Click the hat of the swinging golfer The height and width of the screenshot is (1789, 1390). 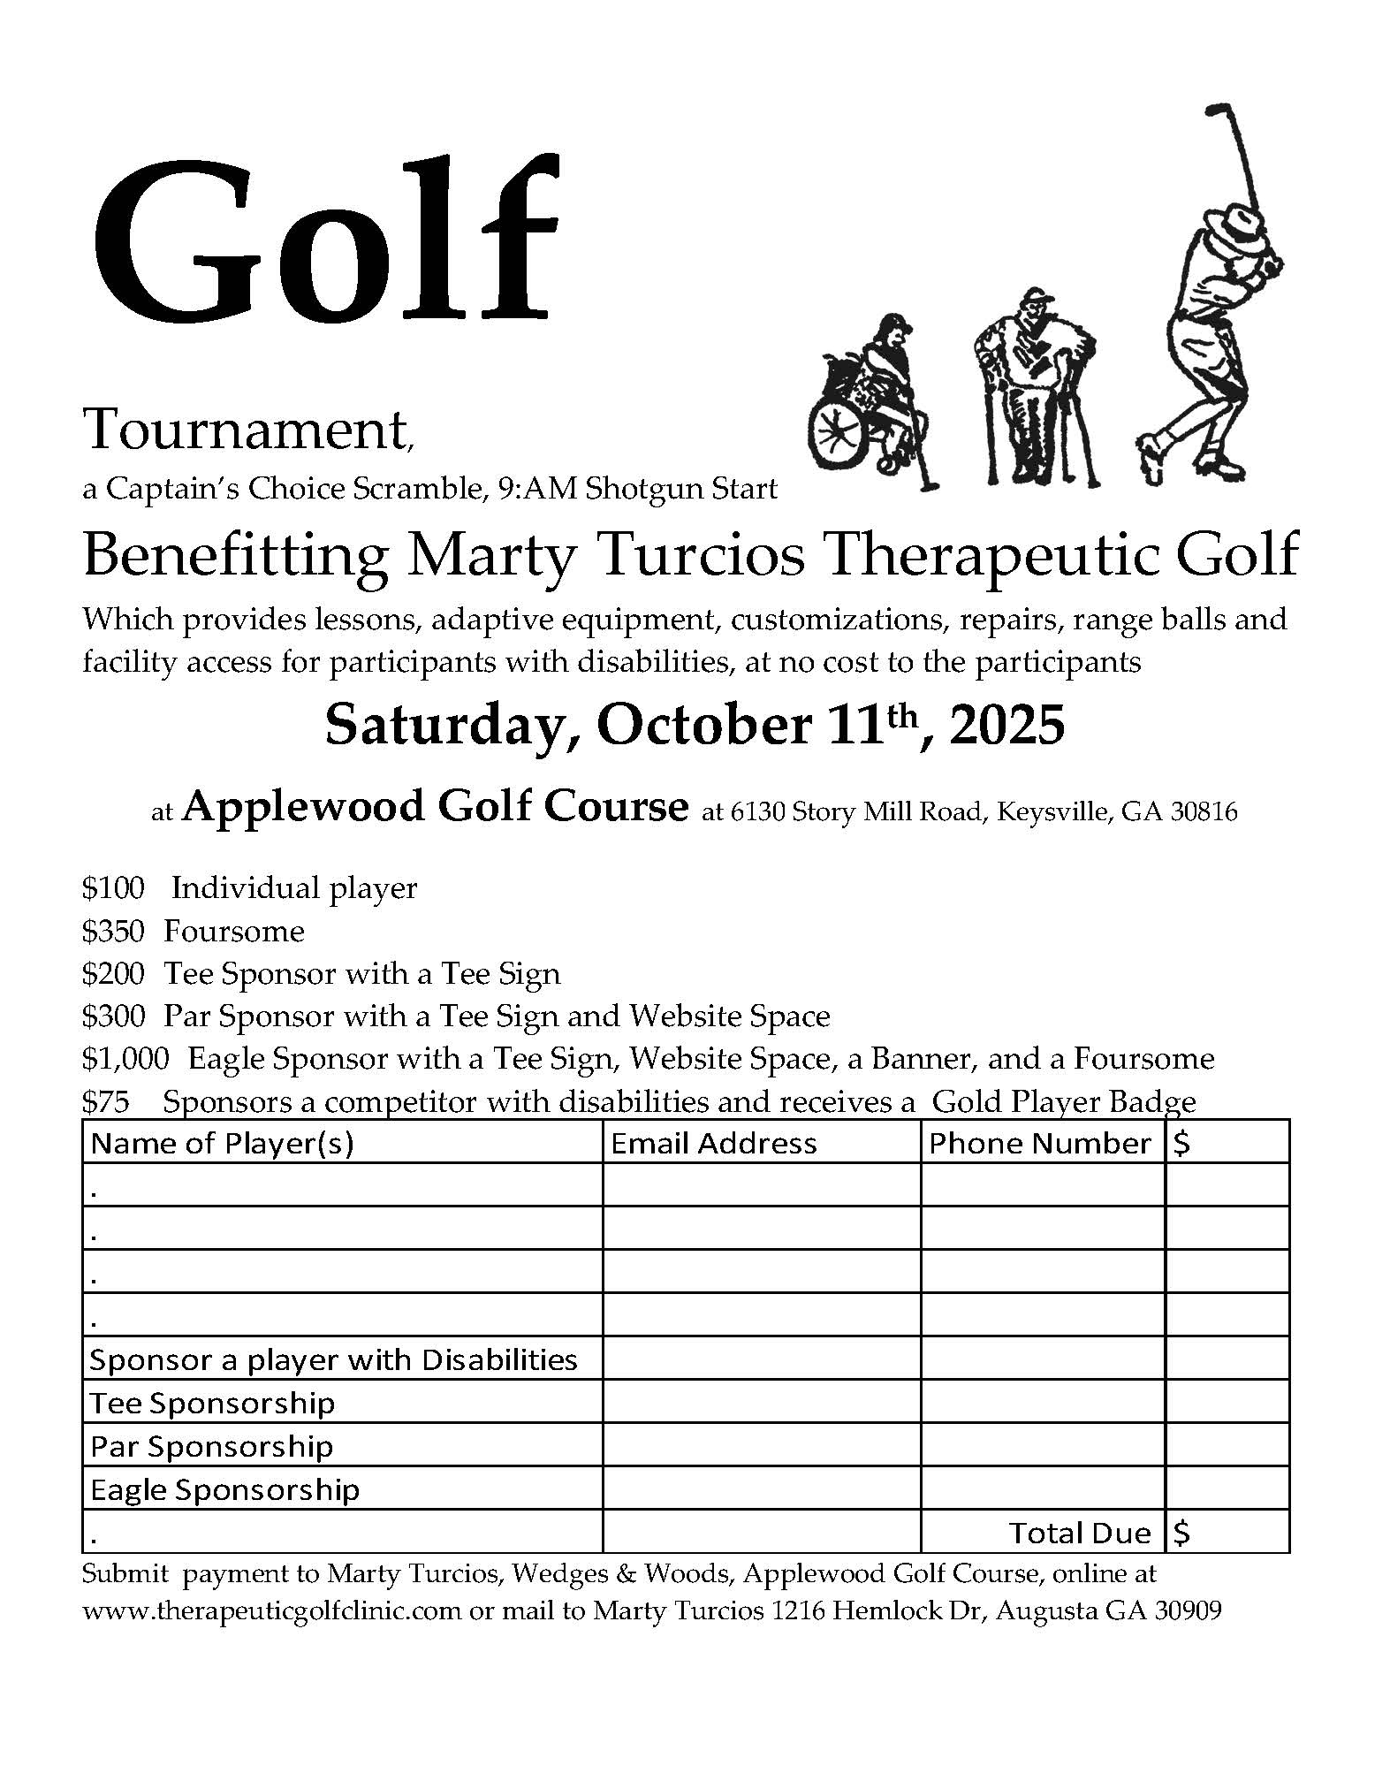1247,217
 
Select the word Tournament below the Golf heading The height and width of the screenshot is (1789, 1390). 245,430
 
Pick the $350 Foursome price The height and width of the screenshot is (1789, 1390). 112,931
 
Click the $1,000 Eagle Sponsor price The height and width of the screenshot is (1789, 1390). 125,1059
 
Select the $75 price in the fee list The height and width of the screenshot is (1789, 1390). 105,1101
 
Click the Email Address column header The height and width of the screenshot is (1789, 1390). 713,1144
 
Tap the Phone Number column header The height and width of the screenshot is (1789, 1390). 1040,1144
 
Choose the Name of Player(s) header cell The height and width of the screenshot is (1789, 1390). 222,1144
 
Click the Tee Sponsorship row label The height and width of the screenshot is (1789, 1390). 212,1403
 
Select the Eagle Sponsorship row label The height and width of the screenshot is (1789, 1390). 224,1489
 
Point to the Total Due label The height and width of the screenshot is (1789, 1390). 1080,1533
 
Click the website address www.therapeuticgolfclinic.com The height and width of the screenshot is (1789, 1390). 272,1610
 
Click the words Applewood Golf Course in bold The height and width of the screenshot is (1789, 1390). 435,806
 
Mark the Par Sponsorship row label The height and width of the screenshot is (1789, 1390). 212,1446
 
